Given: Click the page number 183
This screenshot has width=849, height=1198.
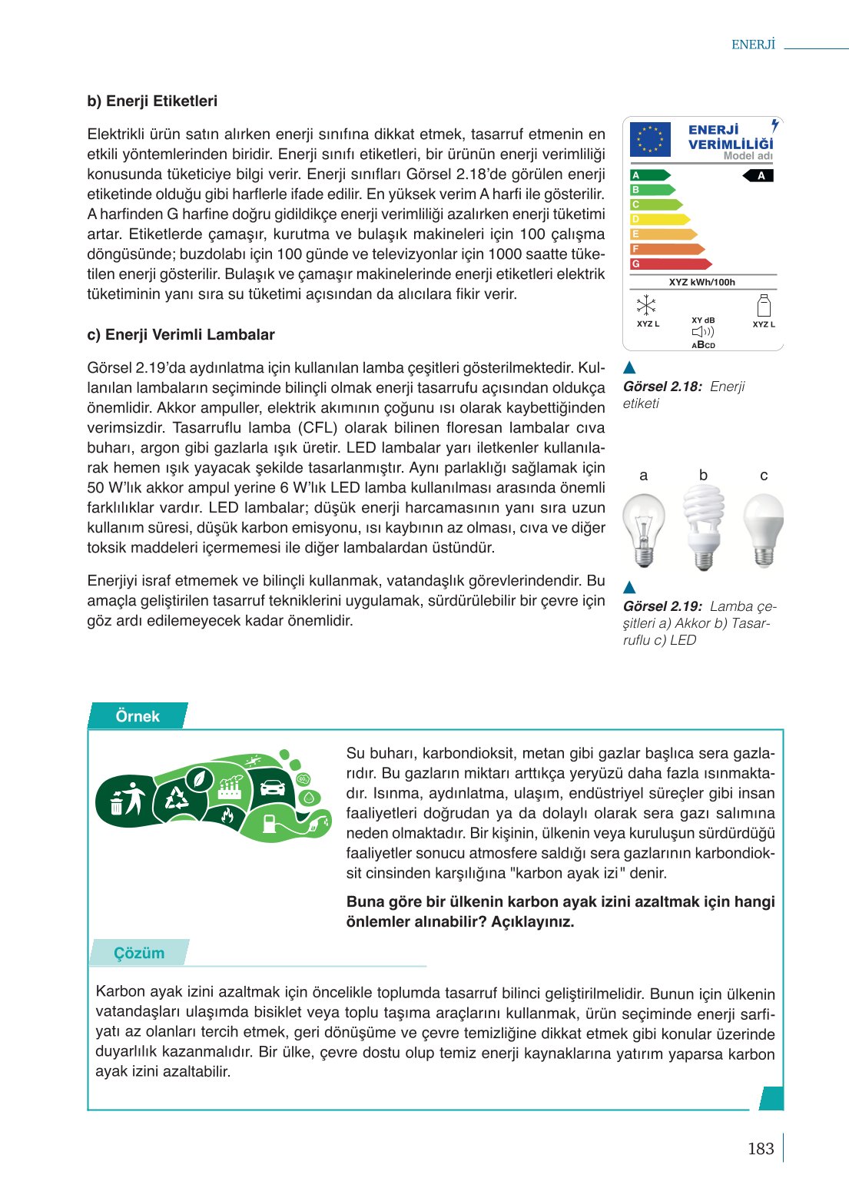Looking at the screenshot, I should pos(760,1148).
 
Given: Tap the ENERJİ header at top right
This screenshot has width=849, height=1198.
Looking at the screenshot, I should pos(753,45).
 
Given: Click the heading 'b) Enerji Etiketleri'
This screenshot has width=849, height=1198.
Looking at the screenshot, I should pos(152,101).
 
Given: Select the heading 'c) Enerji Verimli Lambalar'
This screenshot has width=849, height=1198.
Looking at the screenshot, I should pos(181,334).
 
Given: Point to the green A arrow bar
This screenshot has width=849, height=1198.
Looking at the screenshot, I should pos(649,175).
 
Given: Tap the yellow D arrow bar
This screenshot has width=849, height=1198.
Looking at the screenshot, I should pos(659,219).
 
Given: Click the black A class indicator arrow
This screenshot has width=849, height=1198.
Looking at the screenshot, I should pos(758,176).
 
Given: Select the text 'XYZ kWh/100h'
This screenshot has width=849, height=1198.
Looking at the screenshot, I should pos(701,282).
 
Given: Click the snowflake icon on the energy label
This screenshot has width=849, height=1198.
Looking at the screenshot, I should pos(646,305).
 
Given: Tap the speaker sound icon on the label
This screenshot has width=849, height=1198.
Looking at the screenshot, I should pos(702,332).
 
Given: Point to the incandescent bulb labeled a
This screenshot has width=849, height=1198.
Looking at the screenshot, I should pos(644,529).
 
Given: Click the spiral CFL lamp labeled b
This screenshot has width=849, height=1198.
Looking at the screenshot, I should pos(704,527).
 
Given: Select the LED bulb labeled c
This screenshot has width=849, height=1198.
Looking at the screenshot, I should pos(764,529).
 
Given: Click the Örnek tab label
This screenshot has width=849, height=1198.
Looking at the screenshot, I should pos(138,716).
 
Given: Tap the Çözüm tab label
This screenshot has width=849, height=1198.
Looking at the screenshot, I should pos(139,953).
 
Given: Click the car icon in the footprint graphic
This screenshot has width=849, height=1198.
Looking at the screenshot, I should pos(273,787).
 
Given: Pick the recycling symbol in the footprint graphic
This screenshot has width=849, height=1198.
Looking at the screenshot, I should pos(177,799).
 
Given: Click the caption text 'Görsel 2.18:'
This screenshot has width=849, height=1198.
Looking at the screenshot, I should pos(662,387).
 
